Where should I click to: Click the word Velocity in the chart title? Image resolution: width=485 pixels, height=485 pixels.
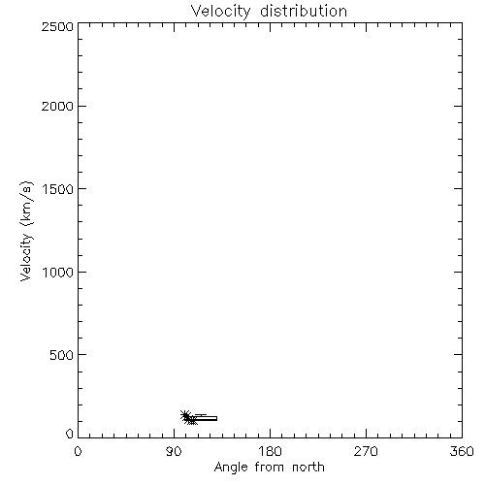(x=220, y=12)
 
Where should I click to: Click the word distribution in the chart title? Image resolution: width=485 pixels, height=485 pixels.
(x=304, y=11)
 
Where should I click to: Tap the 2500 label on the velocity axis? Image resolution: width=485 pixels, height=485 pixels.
(x=57, y=26)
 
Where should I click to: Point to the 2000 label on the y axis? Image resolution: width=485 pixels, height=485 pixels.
(x=57, y=106)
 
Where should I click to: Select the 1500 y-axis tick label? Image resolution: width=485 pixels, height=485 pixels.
(x=58, y=189)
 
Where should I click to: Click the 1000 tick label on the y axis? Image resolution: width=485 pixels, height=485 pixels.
(x=58, y=272)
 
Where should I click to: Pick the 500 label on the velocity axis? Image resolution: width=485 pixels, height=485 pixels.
(x=62, y=355)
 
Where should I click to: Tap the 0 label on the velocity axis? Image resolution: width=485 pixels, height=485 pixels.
(x=70, y=434)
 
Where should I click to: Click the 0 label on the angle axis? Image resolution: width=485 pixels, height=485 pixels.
(x=78, y=451)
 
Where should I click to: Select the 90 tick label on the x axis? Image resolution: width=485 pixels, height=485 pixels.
(x=174, y=451)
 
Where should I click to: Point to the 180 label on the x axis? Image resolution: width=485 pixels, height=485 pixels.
(x=270, y=451)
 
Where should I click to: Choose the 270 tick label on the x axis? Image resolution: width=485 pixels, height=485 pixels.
(x=366, y=451)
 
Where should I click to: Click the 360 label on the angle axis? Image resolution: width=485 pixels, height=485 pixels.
(x=462, y=451)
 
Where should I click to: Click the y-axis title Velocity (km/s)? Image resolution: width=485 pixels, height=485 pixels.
(x=26, y=231)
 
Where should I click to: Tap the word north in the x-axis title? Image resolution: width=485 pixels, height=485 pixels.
(x=308, y=468)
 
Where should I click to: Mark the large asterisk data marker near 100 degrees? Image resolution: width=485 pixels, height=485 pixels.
(x=185, y=415)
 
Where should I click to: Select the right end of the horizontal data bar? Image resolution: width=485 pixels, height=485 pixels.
(x=217, y=418)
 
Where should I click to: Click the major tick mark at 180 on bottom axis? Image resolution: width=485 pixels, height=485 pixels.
(x=270, y=434)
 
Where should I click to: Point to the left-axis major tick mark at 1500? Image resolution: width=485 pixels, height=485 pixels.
(x=82, y=188)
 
